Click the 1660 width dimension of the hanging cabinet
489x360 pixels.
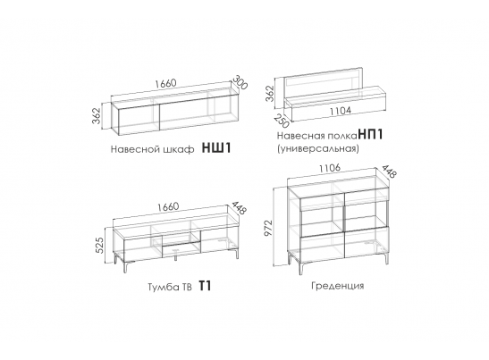tap(165, 84)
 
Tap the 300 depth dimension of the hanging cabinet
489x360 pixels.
tap(240, 82)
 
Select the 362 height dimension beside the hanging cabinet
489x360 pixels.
tap(97, 115)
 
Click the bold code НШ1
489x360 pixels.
tap(216, 147)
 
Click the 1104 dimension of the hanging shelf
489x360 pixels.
tap(341, 111)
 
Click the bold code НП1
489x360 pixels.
tap(370, 134)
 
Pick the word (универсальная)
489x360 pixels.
tap(317, 148)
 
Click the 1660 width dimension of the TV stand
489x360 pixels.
tap(168, 206)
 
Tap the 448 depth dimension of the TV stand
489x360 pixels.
tap(239, 207)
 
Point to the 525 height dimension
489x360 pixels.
tap(99, 246)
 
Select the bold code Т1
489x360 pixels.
tap(205, 286)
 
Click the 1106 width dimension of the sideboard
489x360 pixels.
tap(329, 168)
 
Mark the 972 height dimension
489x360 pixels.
tap(268, 228)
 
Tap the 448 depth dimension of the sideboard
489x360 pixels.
tap(389, 172)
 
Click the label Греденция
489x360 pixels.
tap(337, 286)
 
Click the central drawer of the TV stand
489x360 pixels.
tap(181, 248)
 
